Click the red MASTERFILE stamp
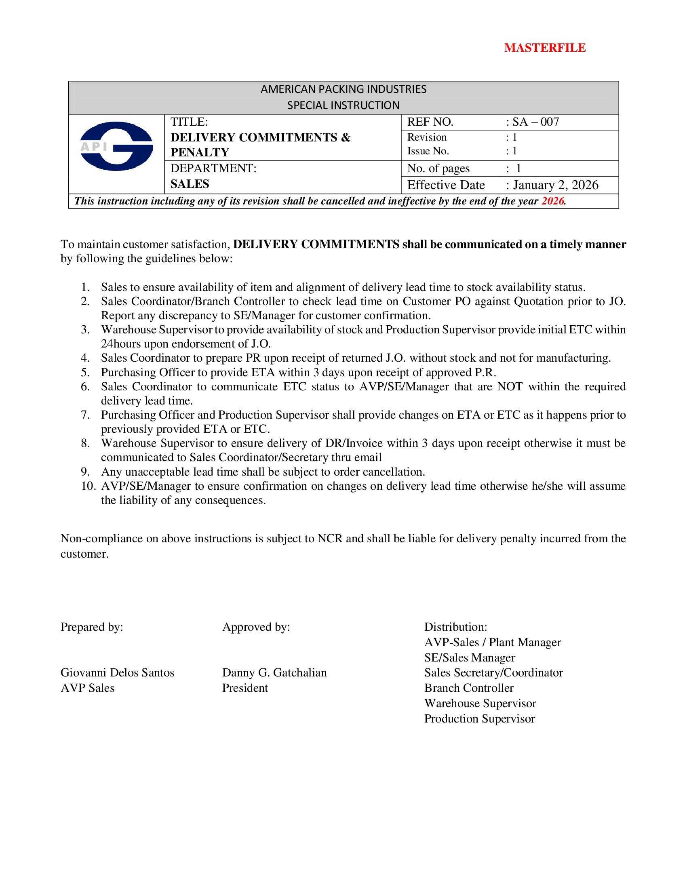[545, 48]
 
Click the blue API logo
[116, 146]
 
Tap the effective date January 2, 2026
[556, 185]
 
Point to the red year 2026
[552, 201]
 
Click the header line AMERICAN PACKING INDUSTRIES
[343, 89]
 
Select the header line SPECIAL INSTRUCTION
[343, 105]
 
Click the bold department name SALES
[190, 184]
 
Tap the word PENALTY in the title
[200, 152]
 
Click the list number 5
[85, 373]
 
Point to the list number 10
[88, 486]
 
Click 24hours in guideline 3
[121, 344]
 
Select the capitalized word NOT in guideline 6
[510, 387]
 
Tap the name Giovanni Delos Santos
[117, 673]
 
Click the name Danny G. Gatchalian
[274, 673]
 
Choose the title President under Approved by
[245, 688]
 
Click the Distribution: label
[455, 627]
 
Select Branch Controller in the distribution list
[469, 688]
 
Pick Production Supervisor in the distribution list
[479, 719]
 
